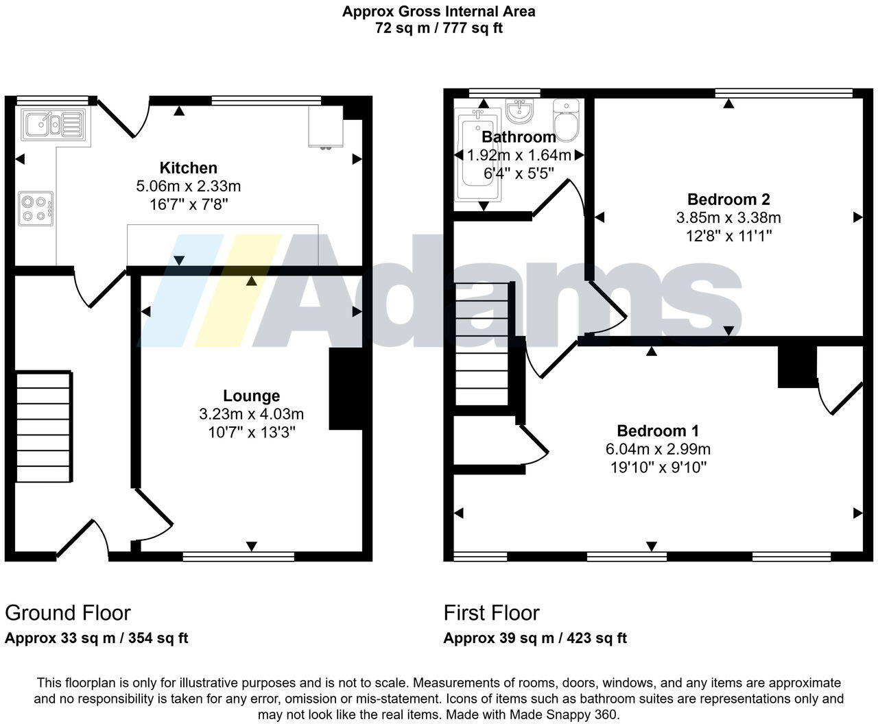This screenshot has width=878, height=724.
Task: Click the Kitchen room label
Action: (x=188, y=167)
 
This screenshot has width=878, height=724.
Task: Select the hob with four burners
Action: (x=36, y=208)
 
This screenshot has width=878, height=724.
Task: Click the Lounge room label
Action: (x=251, y=396)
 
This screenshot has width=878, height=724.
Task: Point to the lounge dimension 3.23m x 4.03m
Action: (x=251, y=414)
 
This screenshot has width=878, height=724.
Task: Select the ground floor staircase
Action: (x=44, y=427)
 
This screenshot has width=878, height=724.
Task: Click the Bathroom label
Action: (x=519, y=136)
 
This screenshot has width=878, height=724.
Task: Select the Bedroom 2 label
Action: (x=728, y=200)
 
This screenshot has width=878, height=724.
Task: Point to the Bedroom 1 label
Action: (x=658, y=431)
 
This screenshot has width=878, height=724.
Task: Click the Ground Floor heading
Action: (x=67, y=612)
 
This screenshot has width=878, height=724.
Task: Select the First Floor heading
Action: (x=491, y=612)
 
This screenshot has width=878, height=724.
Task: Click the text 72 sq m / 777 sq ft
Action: (x=439, y=29)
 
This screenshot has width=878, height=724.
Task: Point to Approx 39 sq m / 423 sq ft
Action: (x=535, y=638)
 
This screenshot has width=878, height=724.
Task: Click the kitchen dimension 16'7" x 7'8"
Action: (x=188, y=204)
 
